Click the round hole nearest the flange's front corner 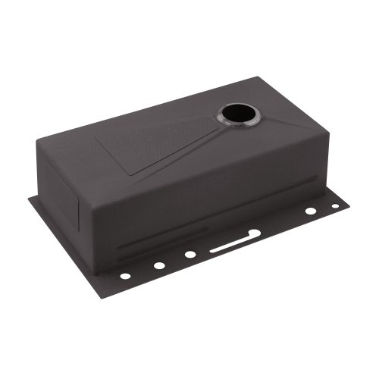point(125,275)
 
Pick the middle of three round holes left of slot point(158,265)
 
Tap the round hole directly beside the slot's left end point(189,255)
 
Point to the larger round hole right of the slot point(310,211)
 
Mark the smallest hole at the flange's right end point(334,205)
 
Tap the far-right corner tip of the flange point(349,202)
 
